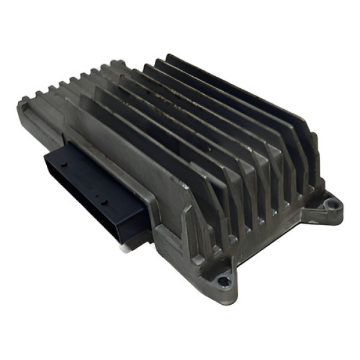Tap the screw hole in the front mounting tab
tap(224, 280)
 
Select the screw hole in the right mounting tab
tap(328, 206)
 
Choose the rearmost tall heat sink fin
tap(240, 90)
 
